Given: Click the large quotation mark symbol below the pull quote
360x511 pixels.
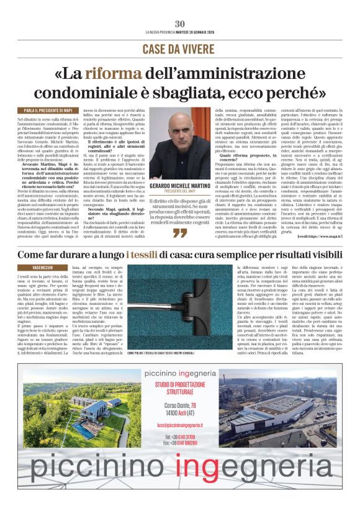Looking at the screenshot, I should click(179, 233).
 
